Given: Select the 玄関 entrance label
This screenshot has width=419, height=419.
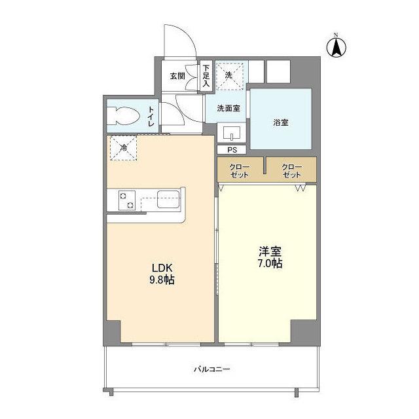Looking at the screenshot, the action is click(177, 76).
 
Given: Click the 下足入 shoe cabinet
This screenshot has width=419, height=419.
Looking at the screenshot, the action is click(206, 76).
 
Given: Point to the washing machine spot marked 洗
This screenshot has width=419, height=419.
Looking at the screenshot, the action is click(230, 77).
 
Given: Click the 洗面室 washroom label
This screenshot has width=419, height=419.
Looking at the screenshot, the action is click(228, 108).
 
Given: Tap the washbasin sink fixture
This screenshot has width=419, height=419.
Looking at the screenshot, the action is click(231, 132).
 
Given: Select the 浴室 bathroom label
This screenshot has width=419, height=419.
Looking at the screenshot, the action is click(281, 122).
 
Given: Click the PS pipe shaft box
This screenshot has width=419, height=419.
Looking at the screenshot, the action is click(232, 150).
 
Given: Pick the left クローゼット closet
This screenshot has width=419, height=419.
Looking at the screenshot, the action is click(240, 170).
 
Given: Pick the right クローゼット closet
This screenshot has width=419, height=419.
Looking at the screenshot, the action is click(291, 170).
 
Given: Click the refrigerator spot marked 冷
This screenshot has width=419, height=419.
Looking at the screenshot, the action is click(124, 148).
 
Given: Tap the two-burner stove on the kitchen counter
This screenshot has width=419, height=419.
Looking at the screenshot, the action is click(126, 201).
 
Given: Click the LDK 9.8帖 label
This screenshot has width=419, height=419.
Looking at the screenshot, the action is click(162, 274).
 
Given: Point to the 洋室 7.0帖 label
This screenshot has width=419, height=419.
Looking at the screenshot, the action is click(270, 257).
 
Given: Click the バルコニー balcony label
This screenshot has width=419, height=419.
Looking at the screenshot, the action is click(212, 369).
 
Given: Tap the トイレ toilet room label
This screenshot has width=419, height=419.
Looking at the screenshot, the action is click(151, 117).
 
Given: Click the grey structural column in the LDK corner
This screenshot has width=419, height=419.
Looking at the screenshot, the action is click(112, 332).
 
